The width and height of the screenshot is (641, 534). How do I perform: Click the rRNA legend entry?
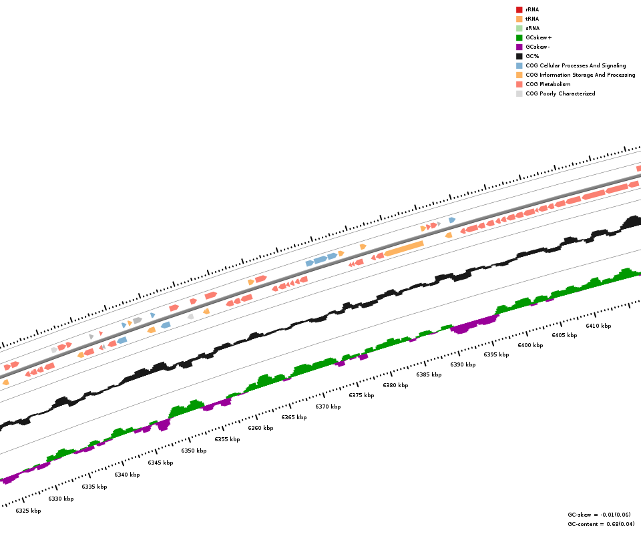[x=532, y=9]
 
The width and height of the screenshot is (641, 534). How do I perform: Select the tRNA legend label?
[x=532, y=19]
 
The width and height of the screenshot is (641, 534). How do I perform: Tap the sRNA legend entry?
[x=532, y=28]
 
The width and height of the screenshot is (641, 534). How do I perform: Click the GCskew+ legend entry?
[x=538, y=37]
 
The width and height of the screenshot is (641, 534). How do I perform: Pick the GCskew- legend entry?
[x=538, y=47]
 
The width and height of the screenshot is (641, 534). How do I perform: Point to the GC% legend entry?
[x=532, y=56]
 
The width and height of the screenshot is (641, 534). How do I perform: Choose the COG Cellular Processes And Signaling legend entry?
[x=576, y=65]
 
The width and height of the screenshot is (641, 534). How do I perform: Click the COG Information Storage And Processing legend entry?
[x=580, y=75]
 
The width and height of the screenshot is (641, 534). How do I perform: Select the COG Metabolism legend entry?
[x=548, y=84]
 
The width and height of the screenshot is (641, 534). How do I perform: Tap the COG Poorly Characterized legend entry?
[x=560, y=93]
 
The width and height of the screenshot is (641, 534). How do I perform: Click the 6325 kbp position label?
[x=28, y=511]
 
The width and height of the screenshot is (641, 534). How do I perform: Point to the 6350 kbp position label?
[x=194, y=451]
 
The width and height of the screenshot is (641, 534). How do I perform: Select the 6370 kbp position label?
[x=328, y=407]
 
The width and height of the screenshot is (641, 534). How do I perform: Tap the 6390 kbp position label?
[x=463, y=364]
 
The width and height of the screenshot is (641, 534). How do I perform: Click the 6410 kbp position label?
[x=598, y=326]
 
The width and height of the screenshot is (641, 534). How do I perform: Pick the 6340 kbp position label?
[x=127, y=475]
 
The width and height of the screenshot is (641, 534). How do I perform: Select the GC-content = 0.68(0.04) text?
[x=601, y=524]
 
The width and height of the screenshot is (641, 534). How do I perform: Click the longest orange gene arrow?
[x=404, y=248]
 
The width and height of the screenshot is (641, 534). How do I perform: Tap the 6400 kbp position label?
[x=530, y=345]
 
